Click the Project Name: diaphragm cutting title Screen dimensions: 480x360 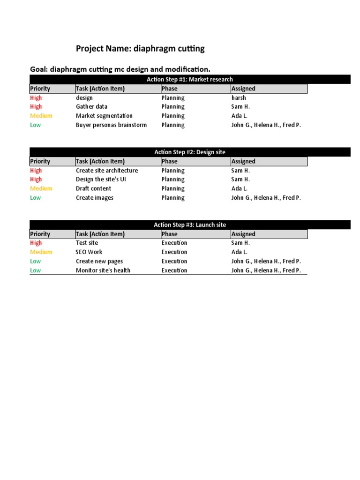[x=140, y=49]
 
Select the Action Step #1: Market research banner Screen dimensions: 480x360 [x=189, y=79]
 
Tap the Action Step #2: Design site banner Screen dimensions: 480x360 [x=189, y=152]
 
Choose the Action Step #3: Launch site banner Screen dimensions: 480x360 [x=189, y=225]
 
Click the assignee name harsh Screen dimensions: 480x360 [x=239, y=98]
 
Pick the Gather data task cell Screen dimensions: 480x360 [x=91, y=107]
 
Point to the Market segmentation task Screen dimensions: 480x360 [x=104, y=116]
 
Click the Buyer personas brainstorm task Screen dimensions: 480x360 [x=111, y=125]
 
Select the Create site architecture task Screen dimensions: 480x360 [x=107, y=171]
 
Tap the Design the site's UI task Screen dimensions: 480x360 [x=101, y=180]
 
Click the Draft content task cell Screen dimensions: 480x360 [x=93, y=188]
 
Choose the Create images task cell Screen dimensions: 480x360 [x=94, y=198]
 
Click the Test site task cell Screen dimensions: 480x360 [x=87, y=243]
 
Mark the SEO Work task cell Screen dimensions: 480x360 [x=89, y=252]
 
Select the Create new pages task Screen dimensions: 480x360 [x=99, y=261]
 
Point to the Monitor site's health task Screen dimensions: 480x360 [x=103, y=270]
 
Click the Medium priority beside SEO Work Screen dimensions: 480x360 [x=41, y=252]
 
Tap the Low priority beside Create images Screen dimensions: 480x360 [x=35, y=198]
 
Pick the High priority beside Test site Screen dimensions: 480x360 [x=36, y=243]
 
